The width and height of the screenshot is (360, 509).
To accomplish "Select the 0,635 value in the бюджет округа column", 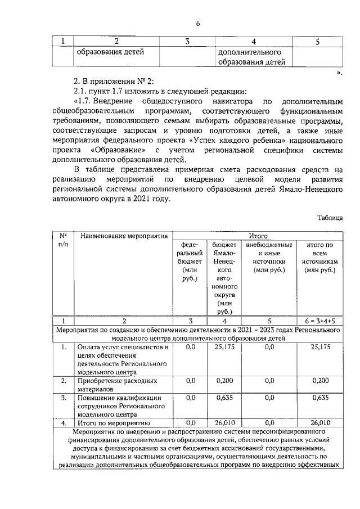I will pyautogui.click(x=225, y=398).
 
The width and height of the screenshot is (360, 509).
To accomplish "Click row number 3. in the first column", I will pyautogui.click(x=64, y=398).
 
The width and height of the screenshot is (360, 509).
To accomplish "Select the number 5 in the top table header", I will pyautogui.click(x=318, y=41).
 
